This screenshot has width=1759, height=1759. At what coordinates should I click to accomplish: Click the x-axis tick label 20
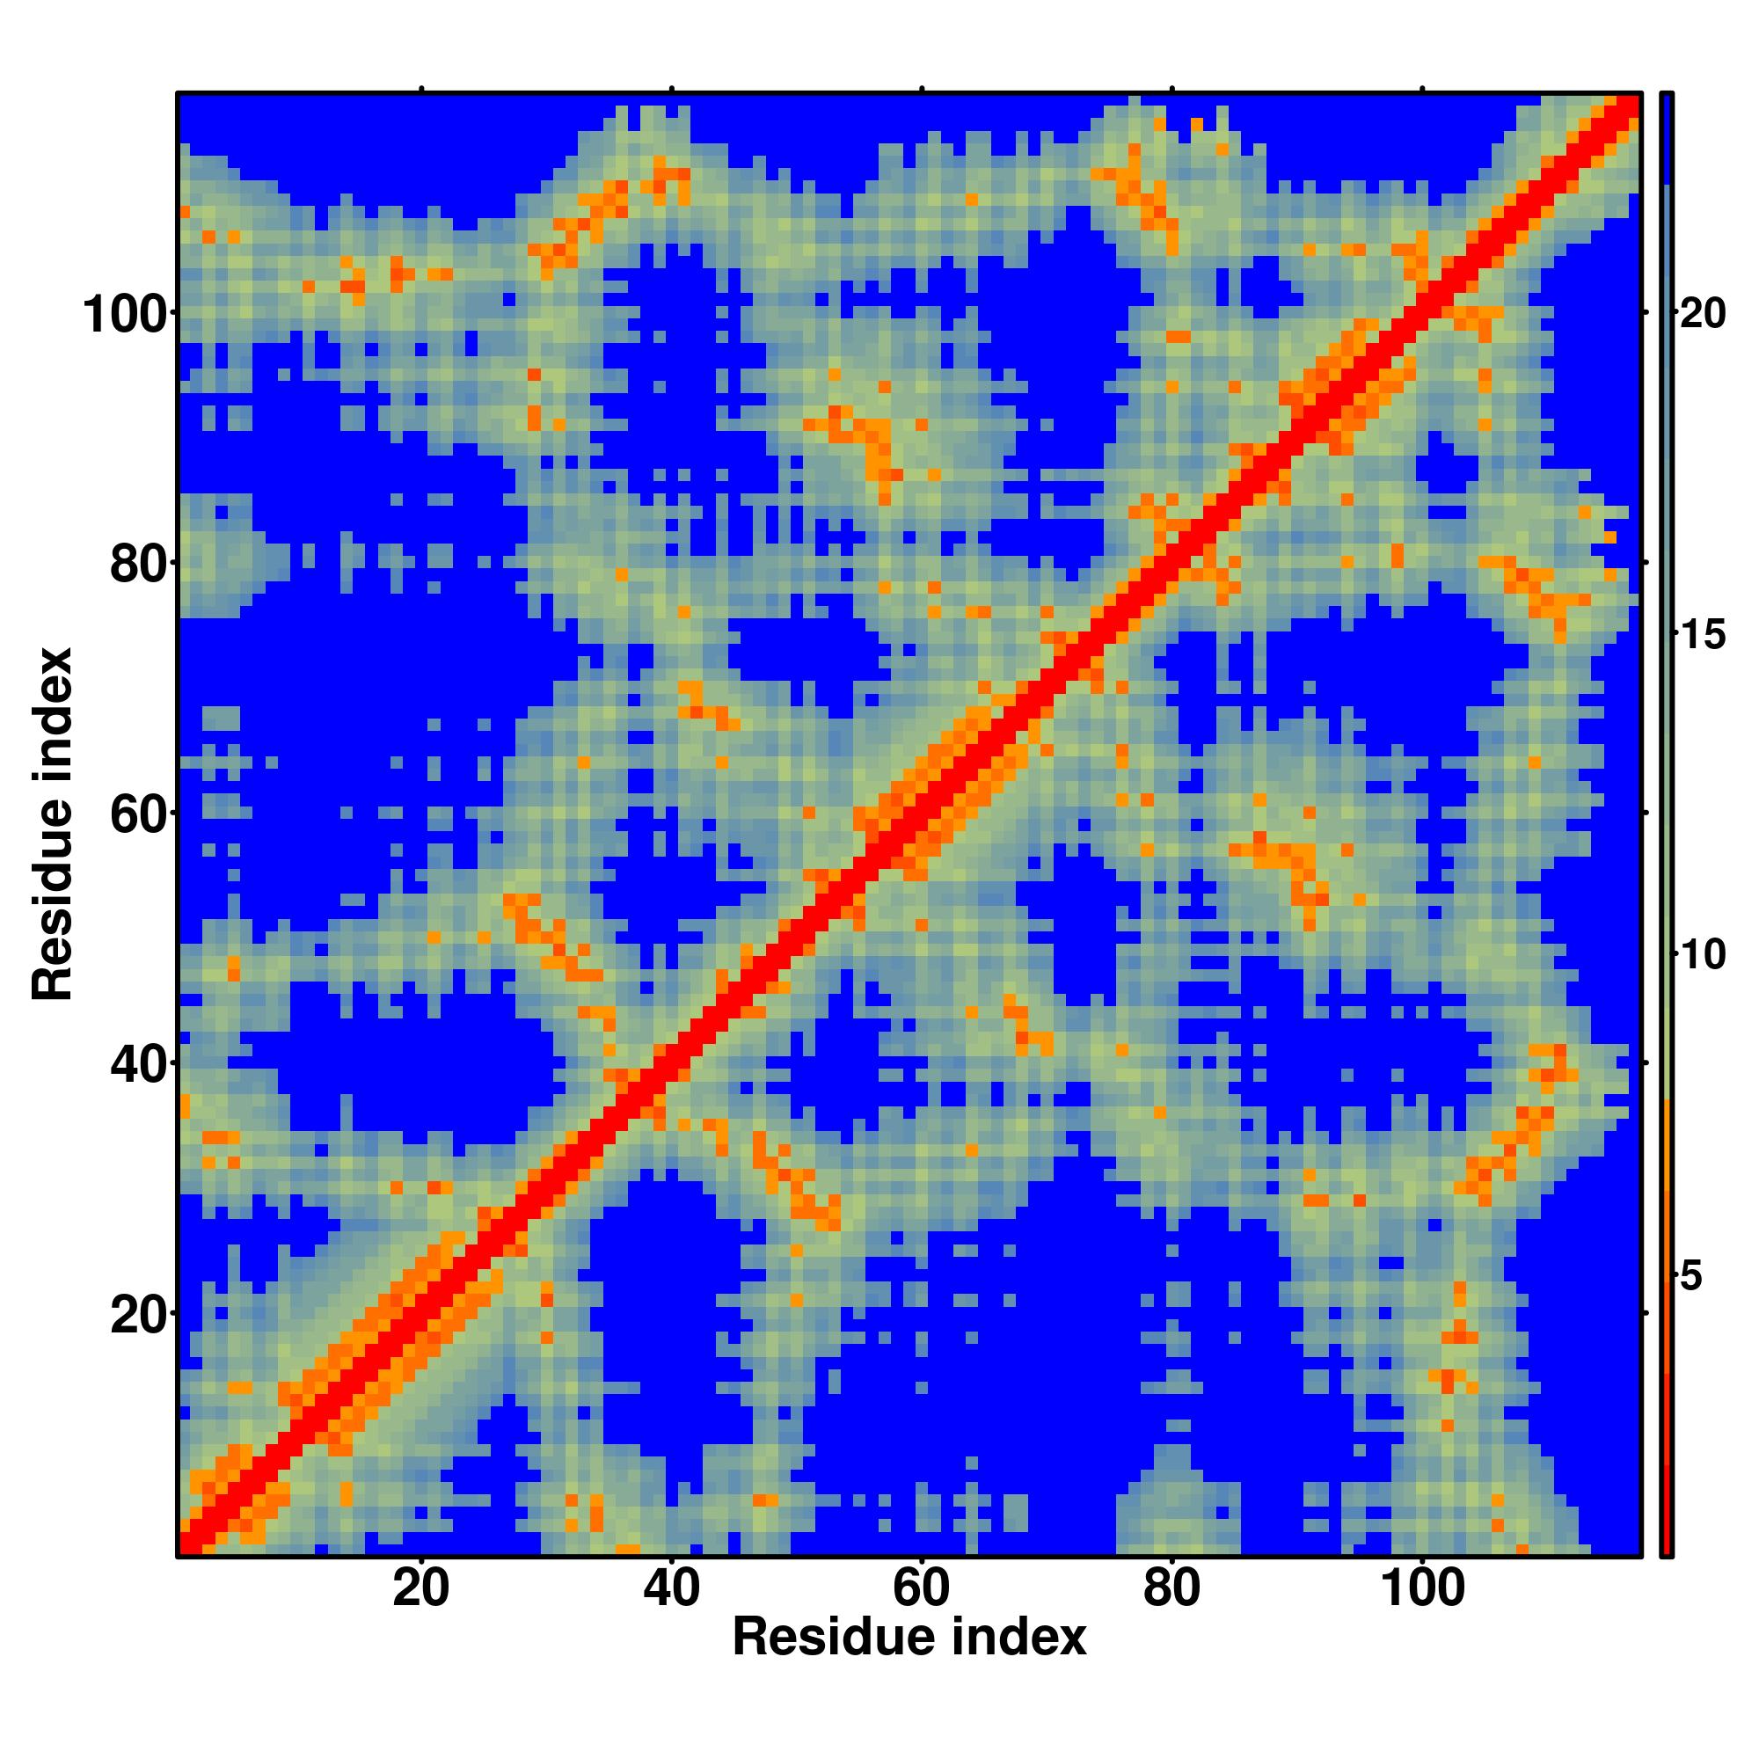[420, 1590]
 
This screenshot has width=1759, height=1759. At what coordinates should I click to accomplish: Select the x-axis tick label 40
[671, 1590]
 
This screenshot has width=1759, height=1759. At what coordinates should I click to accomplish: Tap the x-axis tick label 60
[922, 1590]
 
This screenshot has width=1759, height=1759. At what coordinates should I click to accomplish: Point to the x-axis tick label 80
[1171, 1590]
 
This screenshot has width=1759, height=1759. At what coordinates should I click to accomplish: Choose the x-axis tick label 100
[1422, 1590]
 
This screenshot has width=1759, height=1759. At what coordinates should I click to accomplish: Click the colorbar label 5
[1690, 1277]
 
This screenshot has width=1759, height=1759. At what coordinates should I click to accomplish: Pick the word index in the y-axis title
[52, 699]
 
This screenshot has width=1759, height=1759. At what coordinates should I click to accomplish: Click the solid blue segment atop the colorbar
[1666, 136]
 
